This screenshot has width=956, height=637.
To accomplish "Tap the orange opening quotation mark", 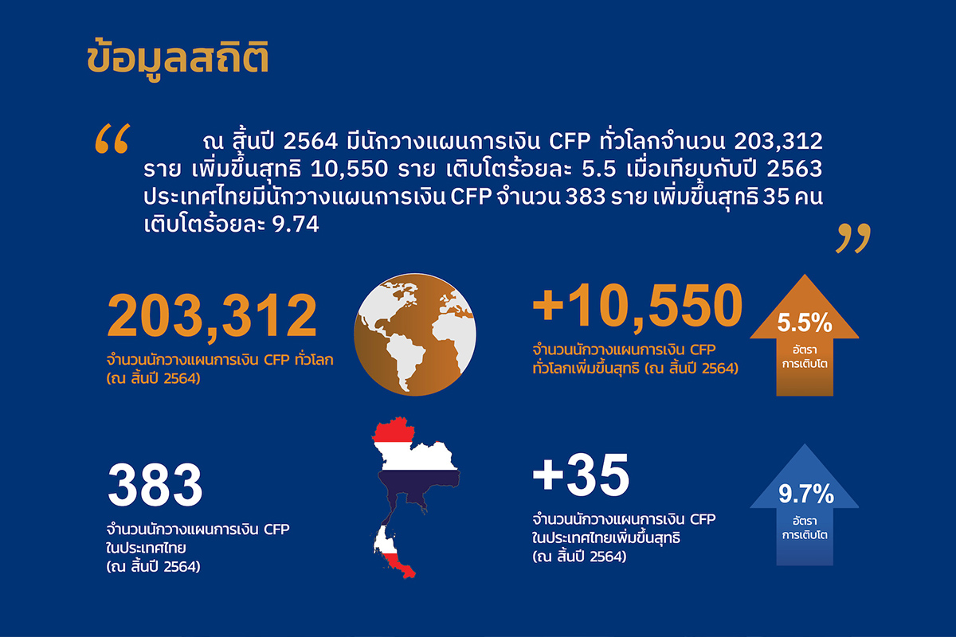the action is point(112,139).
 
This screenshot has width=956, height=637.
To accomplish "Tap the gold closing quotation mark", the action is point(852,238).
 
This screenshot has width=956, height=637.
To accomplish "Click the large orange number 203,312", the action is point(212,317).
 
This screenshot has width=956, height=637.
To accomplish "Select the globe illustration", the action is point(415,334).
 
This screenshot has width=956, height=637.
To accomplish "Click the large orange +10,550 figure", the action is point(637,306).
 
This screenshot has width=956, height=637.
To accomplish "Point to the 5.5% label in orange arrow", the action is point(805,323).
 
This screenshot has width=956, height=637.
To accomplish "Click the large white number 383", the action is point(155,485).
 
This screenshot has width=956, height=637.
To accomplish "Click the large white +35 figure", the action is point(581,475).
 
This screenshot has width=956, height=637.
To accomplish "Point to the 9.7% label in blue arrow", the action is point(805,494).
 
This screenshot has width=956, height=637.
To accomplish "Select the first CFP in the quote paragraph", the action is point(570,141).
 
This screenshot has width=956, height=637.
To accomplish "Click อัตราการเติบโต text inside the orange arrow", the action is point(805,357).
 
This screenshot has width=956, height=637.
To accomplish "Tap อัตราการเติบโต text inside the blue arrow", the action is point(805,528).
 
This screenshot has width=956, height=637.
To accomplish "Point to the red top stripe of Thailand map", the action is point(394,430).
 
